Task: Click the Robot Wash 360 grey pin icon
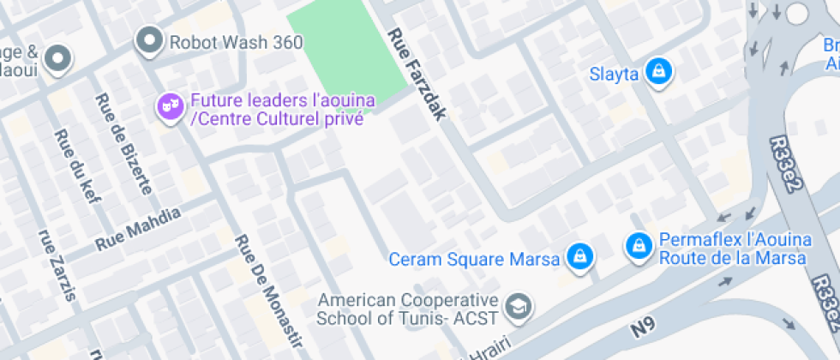(x=150, y=39)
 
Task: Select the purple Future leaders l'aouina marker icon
(x=170, y=106)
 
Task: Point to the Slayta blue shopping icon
(x=657, y=72)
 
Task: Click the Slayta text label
(x=614, y=74)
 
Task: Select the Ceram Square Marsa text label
(x=474, y=258)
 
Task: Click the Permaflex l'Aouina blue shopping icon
(x=638, y=247)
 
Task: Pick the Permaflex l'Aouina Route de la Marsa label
(x=733, y=250)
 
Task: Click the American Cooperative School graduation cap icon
(x=518, y=305)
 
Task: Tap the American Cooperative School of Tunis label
(x=407, y=309)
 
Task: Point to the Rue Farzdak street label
(x=417, y=74)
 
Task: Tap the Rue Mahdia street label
(x=138, y=228)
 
